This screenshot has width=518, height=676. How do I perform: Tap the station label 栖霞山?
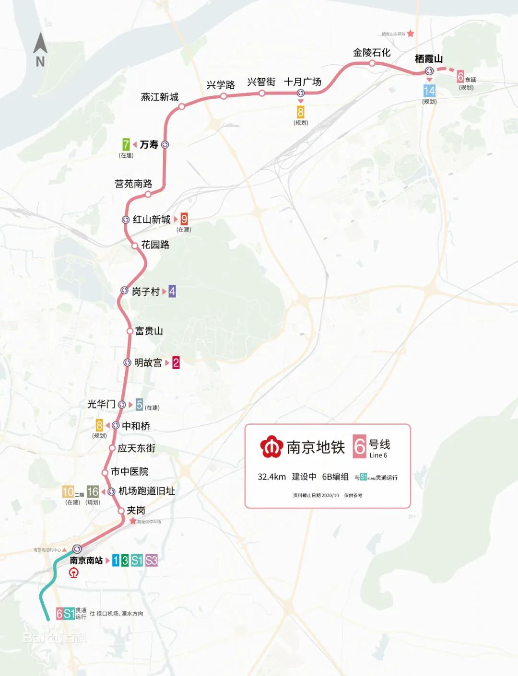click(428, 59)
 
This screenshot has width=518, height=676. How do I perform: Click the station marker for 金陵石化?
click(372, 63)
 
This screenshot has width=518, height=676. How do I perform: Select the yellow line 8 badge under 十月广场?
click(301, 112)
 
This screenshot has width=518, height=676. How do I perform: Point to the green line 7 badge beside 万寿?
click(126, 144)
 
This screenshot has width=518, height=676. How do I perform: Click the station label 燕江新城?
click(160, 97)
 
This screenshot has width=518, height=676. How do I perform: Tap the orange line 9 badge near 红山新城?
click(184, 219)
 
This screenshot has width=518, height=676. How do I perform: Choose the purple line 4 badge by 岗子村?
click(172, 291)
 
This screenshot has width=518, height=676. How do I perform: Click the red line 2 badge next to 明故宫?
click(176, 363)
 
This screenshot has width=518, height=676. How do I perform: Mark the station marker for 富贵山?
click(129, 331)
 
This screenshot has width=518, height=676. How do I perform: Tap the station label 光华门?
click(101, 404)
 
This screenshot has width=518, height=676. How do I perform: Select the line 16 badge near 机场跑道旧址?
click(93, 491)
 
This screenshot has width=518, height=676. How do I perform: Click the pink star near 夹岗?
click(133, 521)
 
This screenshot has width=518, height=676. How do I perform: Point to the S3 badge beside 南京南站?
click(152, 560)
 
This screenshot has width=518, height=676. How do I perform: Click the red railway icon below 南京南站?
click(74, 573)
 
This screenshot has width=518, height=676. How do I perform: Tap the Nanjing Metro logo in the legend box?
click(271, 446)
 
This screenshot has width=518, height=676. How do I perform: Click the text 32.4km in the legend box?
click(271, 477)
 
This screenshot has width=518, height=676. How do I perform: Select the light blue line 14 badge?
click(429, 91)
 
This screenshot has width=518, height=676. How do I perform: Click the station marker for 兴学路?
click(224, 96)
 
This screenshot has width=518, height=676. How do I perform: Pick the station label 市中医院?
click(129, 472)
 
